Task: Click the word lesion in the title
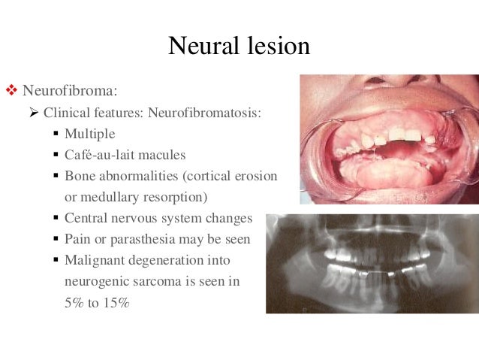click(275, 46)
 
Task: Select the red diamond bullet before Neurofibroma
click(11, 92)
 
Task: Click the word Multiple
click(90, 134)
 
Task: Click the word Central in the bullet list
click(87, 218)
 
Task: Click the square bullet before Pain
click(56, 240)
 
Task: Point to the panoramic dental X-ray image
click(372, 263)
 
